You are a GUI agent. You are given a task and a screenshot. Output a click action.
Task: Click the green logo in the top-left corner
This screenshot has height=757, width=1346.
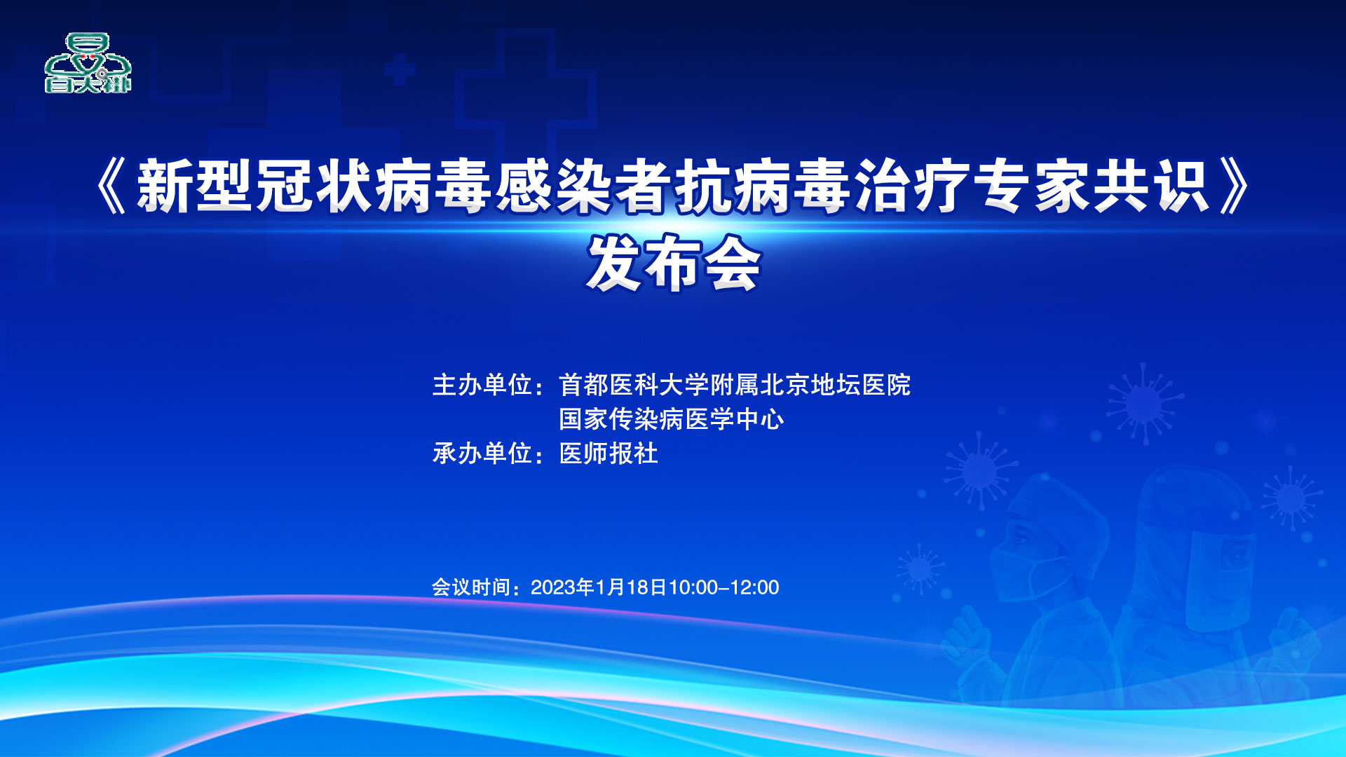(88, 63)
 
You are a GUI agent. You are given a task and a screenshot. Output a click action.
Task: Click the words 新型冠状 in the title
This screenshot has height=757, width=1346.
(254, 186)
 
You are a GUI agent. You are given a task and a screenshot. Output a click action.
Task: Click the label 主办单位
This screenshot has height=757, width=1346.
(482, 385)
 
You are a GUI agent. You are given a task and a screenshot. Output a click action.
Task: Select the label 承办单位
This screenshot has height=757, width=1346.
(482, 453)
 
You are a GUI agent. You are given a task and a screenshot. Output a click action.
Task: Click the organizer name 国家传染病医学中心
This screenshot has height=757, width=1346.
(671, 419)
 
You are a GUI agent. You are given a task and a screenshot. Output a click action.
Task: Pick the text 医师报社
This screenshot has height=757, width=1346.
(609, 453)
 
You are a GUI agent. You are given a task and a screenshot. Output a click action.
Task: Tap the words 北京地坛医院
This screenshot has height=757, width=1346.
(836, 385)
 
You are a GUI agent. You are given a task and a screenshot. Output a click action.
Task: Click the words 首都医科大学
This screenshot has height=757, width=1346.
(634, 385)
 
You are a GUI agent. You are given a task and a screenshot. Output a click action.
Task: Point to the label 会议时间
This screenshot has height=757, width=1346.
(470, 587)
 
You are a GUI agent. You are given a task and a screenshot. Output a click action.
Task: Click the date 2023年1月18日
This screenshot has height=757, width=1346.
(599, 587)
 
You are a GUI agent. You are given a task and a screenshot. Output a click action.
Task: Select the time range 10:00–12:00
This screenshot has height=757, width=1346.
(723, 587)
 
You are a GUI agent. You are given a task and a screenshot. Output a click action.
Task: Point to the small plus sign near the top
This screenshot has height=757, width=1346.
(400, 69)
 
